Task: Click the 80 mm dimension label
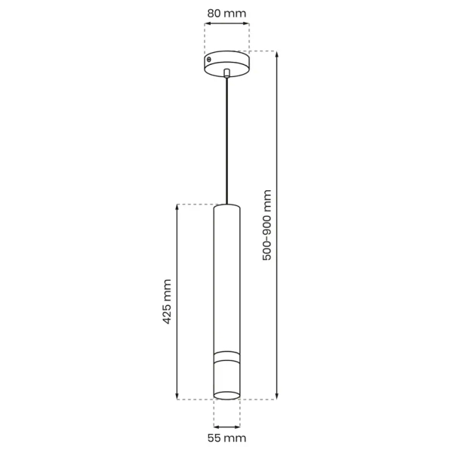pos(226,13)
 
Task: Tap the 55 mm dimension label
pos(226,438)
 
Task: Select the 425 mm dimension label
pos(168,301)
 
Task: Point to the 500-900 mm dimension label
pos(267,225)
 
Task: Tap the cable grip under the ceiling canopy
pos(226,73)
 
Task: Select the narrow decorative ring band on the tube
pos(226,354)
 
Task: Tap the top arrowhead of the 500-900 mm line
pos(277,54)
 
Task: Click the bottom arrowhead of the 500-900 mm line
pos(277,396)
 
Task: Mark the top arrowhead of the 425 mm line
pos(177,207)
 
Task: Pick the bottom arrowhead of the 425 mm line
pos(177,396)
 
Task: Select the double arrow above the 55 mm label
pos(226,421)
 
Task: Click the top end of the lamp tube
pos(226,205)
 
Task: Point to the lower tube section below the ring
pos(226,377)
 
